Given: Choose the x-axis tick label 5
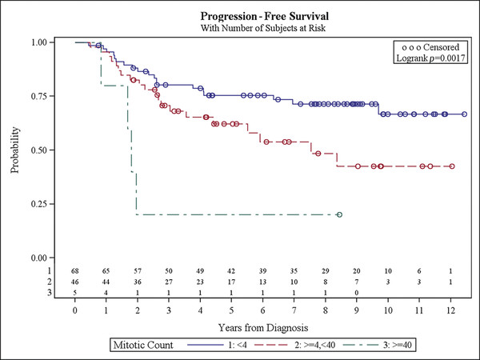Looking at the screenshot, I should click(x=231, y=310).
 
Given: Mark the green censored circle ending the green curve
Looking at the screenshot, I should click(x=339, y=214).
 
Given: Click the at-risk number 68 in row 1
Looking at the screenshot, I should click(x=75, y=273).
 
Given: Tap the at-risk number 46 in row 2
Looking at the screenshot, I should click(x=75, y=283).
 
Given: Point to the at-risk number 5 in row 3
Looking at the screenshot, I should click(x=75, y=293).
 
